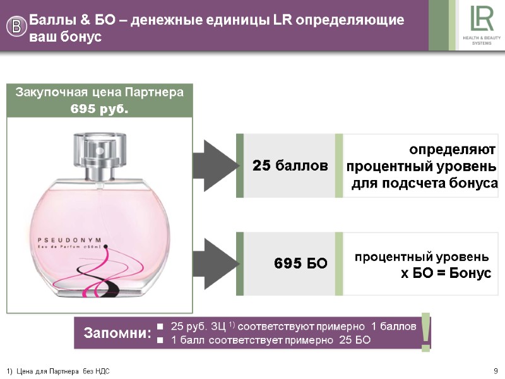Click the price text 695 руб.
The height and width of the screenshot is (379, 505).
pyautogui.click(x=99, y=109)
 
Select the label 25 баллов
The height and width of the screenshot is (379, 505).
pyautogui.click(x=290, y=166)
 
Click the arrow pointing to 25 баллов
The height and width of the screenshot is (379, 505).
pyautogui.click(x=215, y=165)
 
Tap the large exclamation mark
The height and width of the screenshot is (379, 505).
pyautogui.click(x=427, y=330)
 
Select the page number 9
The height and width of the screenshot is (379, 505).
pyautogui.click(x=496, y=370)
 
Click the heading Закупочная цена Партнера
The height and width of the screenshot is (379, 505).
pyautogui.click(x=99, y=92)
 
